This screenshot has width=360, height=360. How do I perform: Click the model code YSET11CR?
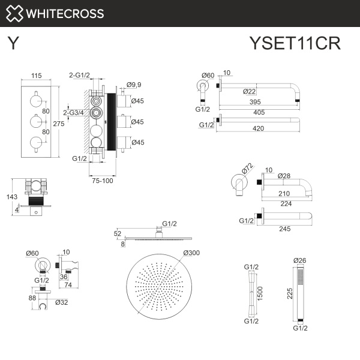295,44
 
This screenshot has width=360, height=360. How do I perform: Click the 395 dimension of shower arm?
256,103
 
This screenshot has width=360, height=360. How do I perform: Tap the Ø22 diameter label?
249,91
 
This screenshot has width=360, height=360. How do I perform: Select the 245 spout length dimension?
284,228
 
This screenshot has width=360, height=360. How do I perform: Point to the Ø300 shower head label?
191,253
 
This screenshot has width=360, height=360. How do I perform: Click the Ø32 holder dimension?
61,303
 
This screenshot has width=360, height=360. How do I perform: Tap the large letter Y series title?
13,43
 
